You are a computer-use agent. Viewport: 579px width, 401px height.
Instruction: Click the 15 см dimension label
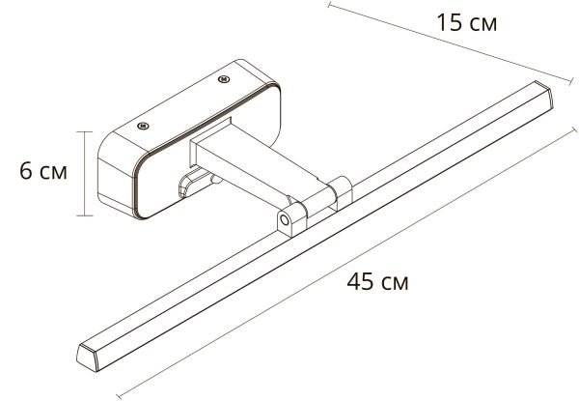click(x=465, y=21)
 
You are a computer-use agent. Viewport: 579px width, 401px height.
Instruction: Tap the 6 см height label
click(x=42, y=171)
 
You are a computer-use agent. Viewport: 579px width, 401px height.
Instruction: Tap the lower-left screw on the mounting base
click(x=141, y=126)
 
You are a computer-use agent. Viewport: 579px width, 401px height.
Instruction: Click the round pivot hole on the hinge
click(x=285, y=221)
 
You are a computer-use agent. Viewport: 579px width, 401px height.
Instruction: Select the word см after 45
click(x=394, y=283)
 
